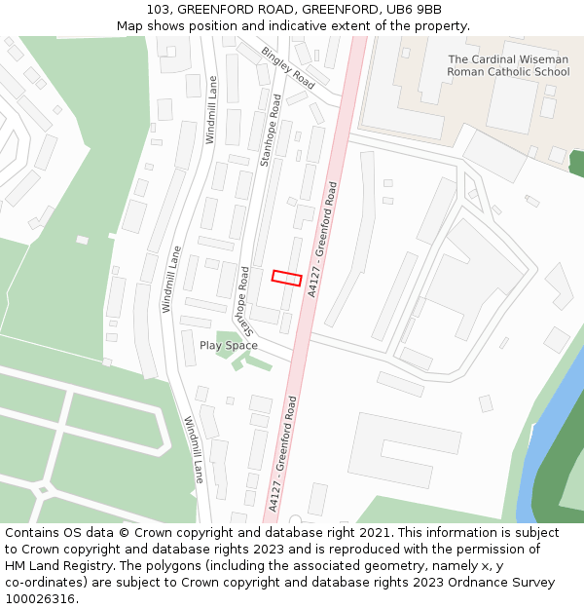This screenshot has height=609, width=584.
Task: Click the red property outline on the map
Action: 286,278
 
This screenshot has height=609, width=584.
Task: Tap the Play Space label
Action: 229,346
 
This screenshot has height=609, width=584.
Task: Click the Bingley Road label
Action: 288,66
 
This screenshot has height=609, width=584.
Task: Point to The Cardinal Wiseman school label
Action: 508,65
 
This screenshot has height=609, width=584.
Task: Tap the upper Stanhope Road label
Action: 270,131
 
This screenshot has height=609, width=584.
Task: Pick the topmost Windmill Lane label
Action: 211,110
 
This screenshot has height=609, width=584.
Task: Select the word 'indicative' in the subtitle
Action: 323,26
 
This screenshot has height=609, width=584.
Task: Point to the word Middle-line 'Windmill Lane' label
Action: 172,279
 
